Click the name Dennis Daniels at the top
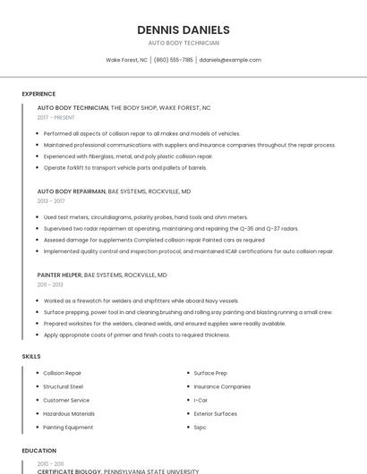[183, 30]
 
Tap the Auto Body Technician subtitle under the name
[183, 43]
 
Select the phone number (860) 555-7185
[173, 60]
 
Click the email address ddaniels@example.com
[230, 60]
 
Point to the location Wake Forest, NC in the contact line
[127, 60]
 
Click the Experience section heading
[38, 94]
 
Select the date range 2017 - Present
[56, 117]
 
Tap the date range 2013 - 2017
[51, 201]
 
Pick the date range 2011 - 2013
[50, 284]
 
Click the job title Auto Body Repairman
[71, 191]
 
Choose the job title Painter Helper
[59, 275]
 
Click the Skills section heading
[31, 356]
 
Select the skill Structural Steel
[63, 386]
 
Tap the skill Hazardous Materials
[69, 413]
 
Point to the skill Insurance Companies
[222, 386]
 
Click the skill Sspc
[200, 427]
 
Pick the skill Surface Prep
[210, 372]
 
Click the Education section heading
[38, 451]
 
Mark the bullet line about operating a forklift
[125, 167]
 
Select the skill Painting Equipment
[68, 427]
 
